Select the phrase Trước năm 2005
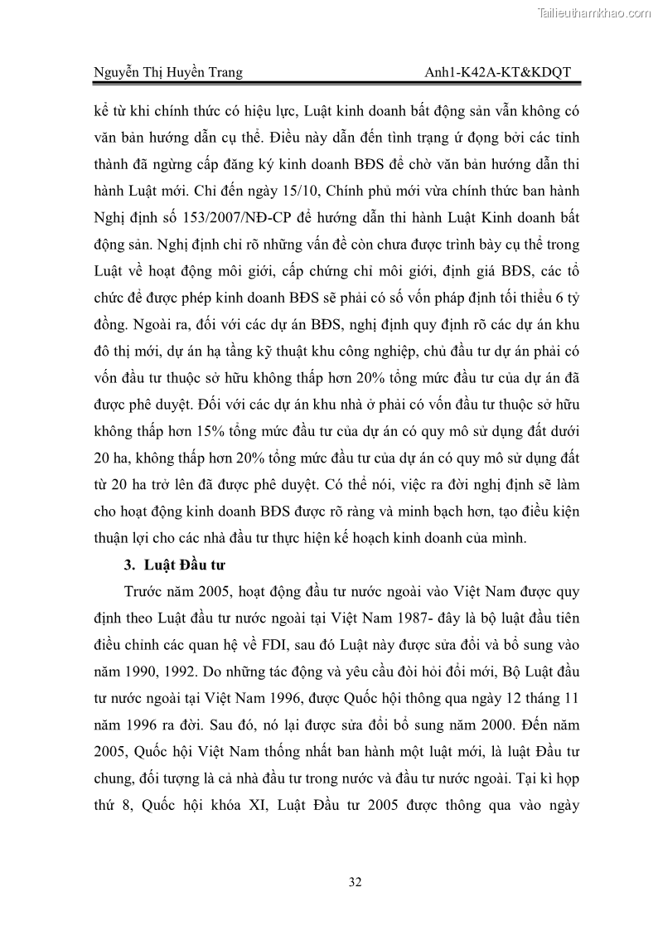point(166,591)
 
